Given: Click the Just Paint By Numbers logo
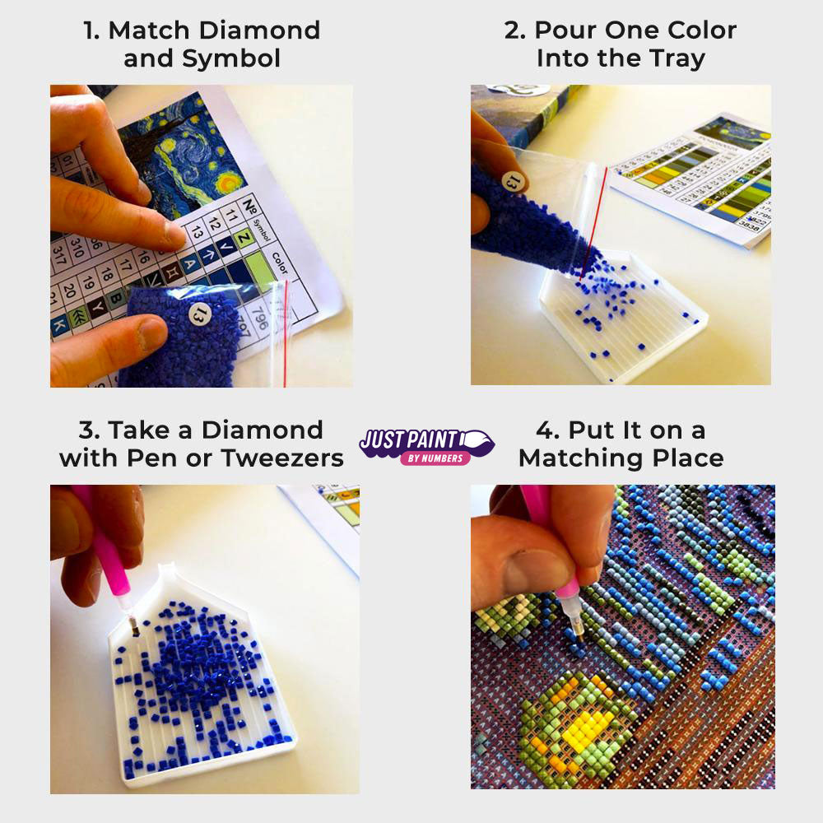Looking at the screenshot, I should [426, 445].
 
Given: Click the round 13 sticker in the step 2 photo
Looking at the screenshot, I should [512, 180].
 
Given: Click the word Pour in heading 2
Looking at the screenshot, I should [568, 31].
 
